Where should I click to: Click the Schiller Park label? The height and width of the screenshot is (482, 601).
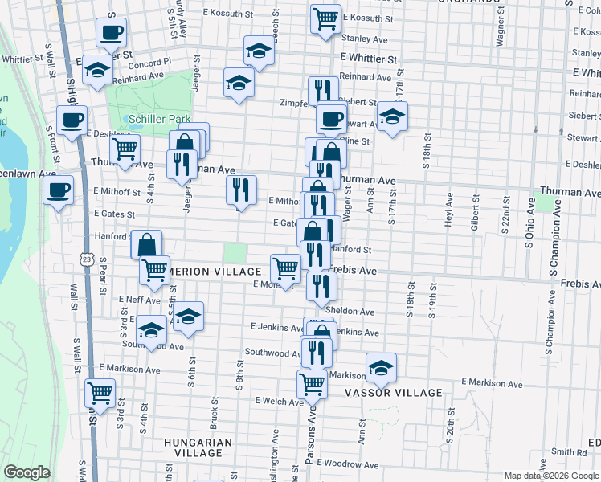pyautogui.click(x=159, y=119)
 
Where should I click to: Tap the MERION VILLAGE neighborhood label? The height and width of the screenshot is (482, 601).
pyautogui.click(x=215, y=272)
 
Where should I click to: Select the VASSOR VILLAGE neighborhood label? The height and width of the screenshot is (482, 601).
pyautogui.click(x=393, y=393)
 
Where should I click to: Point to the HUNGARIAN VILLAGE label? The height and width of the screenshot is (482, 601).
pyautogui.click(x=198, y=447)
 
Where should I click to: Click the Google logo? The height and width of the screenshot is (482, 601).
pyautogui.click(x=27, y=472)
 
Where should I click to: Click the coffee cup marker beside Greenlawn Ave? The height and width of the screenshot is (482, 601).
pyautogui.click(x=59, y=190)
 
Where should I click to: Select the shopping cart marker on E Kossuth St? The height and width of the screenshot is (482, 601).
pyautogui.click(x=325, y=18)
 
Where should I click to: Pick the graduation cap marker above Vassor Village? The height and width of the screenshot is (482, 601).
pyautogui.click(x=381, y=368)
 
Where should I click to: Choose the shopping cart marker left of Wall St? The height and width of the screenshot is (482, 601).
pyautogui.click(x=100, y=393)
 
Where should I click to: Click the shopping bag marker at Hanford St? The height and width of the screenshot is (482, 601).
pyautogui.click(x=147, y=244)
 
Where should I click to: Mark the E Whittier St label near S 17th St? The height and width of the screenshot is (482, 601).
pyautogui.click(x=368, y=59)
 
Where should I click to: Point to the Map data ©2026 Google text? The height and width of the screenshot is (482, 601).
pyautogui.click(x=550, y=476)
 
